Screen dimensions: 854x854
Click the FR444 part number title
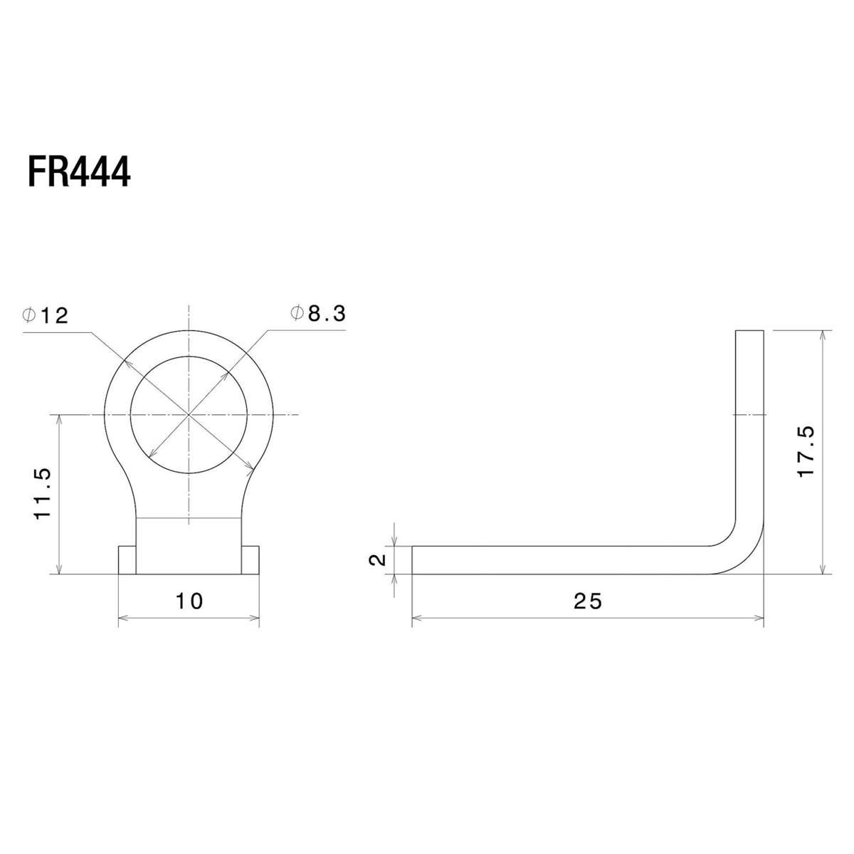pos(79,172)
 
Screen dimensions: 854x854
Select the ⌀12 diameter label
pos(46,315)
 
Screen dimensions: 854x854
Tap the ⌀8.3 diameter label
pos(317,313)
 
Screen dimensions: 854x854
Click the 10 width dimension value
pos(189,601)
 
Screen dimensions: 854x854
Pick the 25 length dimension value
pos(588,601)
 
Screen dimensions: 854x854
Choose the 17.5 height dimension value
pos(805,451)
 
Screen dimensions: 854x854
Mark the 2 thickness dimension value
pos(377,560)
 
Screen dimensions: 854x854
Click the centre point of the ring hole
pos(189,414)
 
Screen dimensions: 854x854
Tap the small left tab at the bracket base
pos(127,560)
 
